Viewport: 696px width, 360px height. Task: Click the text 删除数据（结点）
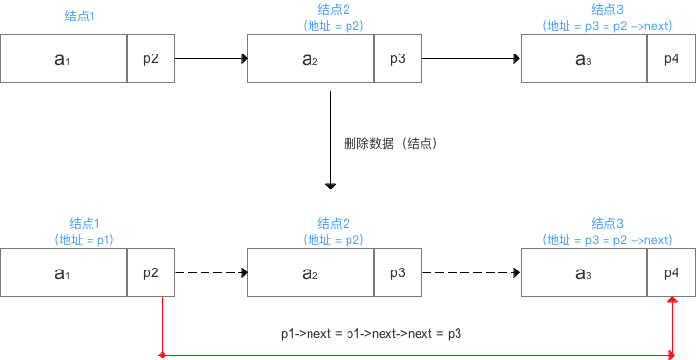388,143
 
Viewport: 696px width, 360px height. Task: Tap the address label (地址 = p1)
85,240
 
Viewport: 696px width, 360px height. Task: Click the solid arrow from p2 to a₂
210,59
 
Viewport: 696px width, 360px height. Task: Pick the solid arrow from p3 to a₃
471,59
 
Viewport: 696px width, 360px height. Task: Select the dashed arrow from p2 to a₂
210,272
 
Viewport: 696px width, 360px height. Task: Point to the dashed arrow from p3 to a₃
471,272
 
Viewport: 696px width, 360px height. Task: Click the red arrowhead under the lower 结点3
672,302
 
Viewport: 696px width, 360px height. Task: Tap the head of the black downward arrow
331,184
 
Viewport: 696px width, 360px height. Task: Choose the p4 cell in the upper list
672,59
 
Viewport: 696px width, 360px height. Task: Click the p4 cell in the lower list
672,272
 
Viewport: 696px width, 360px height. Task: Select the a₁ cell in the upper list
63,59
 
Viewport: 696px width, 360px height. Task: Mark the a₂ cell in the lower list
311,272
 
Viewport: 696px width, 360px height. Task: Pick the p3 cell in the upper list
398,59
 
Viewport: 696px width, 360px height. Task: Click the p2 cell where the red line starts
151,272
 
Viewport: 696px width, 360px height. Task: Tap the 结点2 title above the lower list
334,223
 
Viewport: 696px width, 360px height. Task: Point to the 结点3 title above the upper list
607,9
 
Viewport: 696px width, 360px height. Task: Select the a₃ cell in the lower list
584,272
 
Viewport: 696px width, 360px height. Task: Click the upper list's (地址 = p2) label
334,26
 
